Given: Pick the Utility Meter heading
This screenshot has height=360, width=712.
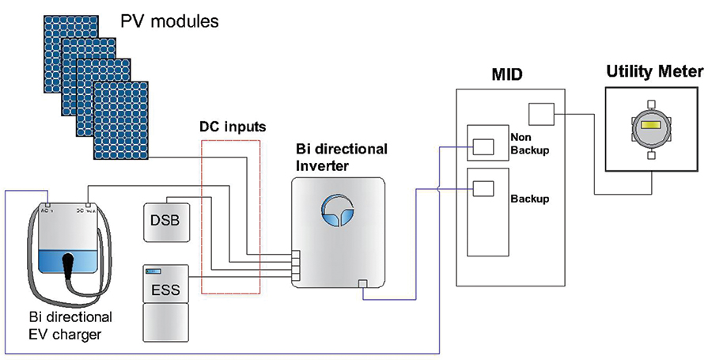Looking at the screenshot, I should point(654,72).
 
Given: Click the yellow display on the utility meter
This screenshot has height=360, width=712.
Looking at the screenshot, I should point(651,127).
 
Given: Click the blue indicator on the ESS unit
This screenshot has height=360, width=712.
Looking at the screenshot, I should point(152,271).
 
